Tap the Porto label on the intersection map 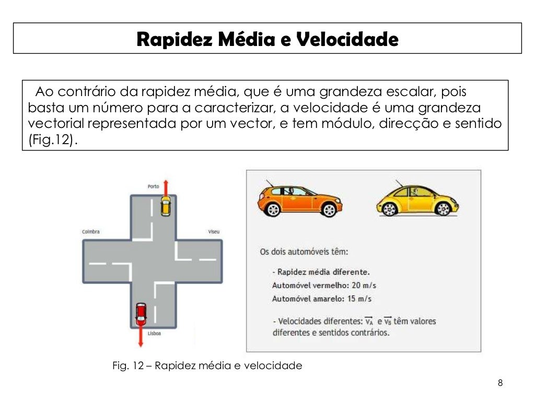[x=153, y=186]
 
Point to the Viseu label [x=214, y=231]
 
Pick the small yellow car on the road [x=165, y=206]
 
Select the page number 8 [x=500, y=383]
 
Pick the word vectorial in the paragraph [x=56, y=124]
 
